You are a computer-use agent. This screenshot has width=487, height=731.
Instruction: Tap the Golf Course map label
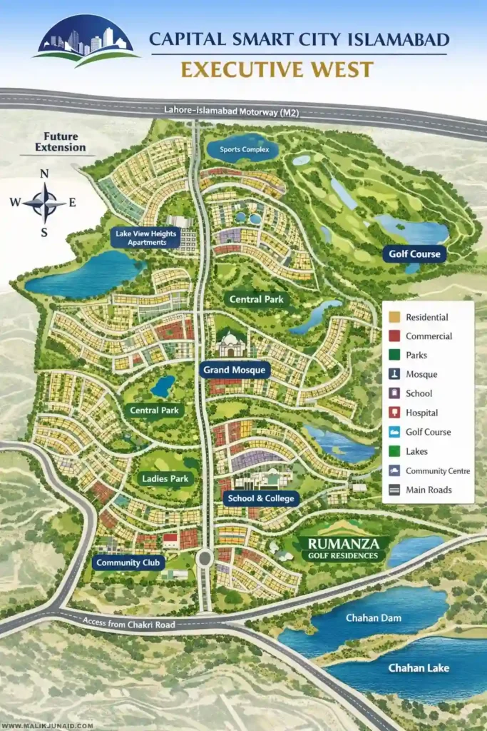coord(414,253)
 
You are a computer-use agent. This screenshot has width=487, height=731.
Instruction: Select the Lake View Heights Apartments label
coord(146,238)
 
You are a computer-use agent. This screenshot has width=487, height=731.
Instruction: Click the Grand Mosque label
coord(234,370)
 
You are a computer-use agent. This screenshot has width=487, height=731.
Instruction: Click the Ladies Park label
coord(165,478)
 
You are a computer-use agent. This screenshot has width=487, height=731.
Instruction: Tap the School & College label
coord(260,498)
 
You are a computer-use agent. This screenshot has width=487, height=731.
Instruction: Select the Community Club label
coord(129,563)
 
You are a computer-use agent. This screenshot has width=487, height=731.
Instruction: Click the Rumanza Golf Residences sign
coord(344,548)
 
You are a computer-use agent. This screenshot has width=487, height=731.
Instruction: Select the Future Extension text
coord(61,142)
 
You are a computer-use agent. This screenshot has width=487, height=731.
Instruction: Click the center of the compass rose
coord(44,202)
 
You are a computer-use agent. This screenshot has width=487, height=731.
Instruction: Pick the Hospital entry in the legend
coord(421,413)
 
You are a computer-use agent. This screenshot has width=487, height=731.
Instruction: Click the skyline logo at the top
coord(86,41)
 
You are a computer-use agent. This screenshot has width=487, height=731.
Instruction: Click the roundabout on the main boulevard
coord(205,558)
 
